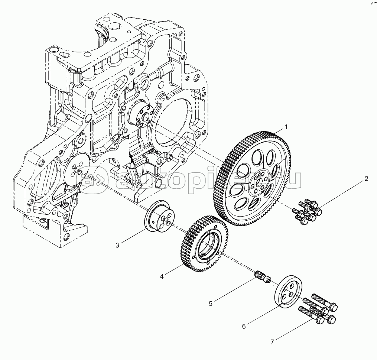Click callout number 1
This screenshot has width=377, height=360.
(x=286, y=127)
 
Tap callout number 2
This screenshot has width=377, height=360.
(x=366, y=179)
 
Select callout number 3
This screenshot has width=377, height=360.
(x=117, y=246)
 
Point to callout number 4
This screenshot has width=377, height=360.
(x=162, y=276)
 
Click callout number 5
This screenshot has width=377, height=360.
(x=211, y=304)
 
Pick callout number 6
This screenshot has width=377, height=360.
(x=244, y=326)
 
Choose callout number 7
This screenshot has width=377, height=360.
(x=272, y=342)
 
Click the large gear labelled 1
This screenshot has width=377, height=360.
(x=252, y=178)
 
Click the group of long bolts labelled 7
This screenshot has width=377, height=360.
(x=317, y=308)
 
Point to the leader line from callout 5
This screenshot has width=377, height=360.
(x=235, y=289)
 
